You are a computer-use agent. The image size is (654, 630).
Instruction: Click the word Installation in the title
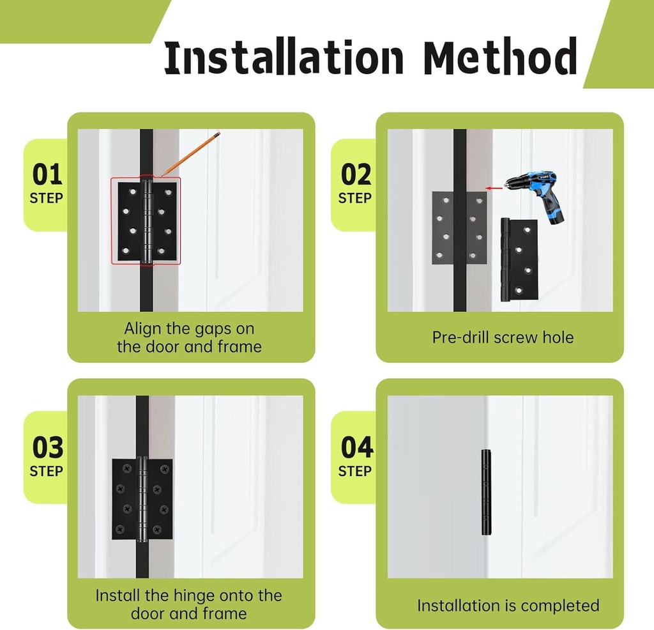tap(284, 58)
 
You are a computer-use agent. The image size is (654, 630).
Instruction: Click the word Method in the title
tap(501, 58)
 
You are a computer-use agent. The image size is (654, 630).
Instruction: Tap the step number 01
tap(47, 174)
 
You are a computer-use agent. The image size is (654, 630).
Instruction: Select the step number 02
tap(356, 174)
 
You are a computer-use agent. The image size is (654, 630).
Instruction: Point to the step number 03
tap(47, 448)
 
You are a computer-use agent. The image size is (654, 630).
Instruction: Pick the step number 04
tap(356, 448)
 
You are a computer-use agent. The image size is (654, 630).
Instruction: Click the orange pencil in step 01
tap(191, 154)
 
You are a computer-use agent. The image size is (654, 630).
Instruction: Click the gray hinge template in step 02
tap(459, 227)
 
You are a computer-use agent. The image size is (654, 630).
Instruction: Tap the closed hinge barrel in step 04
tap(487, 492)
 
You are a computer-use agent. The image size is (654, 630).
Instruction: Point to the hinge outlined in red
tap(146, 220)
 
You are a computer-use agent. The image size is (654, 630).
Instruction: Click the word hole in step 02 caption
tap(558, 337)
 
